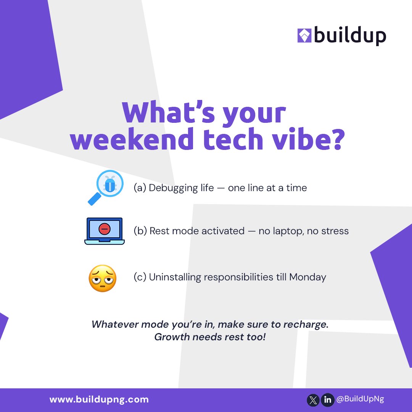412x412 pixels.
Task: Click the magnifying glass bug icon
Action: tap(105, 187)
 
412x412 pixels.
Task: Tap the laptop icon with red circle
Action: tap(104, 231)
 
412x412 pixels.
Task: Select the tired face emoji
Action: tap(102, 278)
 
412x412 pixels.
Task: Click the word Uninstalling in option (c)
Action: tap(175, 277)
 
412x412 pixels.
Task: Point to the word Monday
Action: tap(307, 277)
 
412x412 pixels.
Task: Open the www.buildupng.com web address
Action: tap(99, 400)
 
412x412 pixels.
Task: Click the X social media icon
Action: tap(313, 400)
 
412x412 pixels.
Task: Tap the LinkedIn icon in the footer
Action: tap(327, 400)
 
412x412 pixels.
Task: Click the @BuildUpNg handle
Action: tap(360, 399)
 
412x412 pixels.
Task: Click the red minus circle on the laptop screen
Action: tap(104, 229)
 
